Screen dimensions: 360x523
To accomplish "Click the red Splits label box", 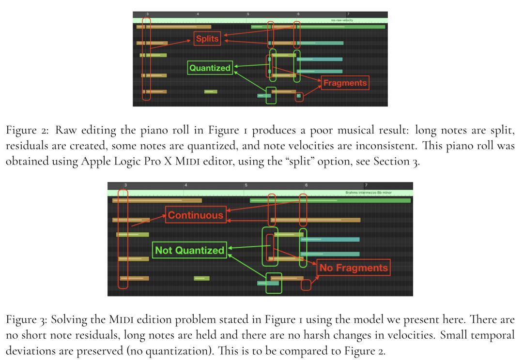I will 207,38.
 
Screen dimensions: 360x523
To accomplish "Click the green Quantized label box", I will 210,68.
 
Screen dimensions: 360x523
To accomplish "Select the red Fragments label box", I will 345,83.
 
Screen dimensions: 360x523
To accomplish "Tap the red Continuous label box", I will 196,215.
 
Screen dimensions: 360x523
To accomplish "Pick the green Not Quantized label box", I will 189,250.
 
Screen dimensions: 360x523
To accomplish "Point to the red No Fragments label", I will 354,268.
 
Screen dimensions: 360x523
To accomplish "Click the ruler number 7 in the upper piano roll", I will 348,15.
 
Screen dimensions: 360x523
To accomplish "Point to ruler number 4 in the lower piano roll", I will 185,185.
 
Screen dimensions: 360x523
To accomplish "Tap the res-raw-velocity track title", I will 342,20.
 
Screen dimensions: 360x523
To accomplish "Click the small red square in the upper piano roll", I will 299,96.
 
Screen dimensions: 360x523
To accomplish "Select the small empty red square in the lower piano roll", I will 306,285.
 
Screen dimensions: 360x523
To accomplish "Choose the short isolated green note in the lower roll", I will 201,278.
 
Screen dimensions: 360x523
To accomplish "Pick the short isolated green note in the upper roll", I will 211,91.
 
